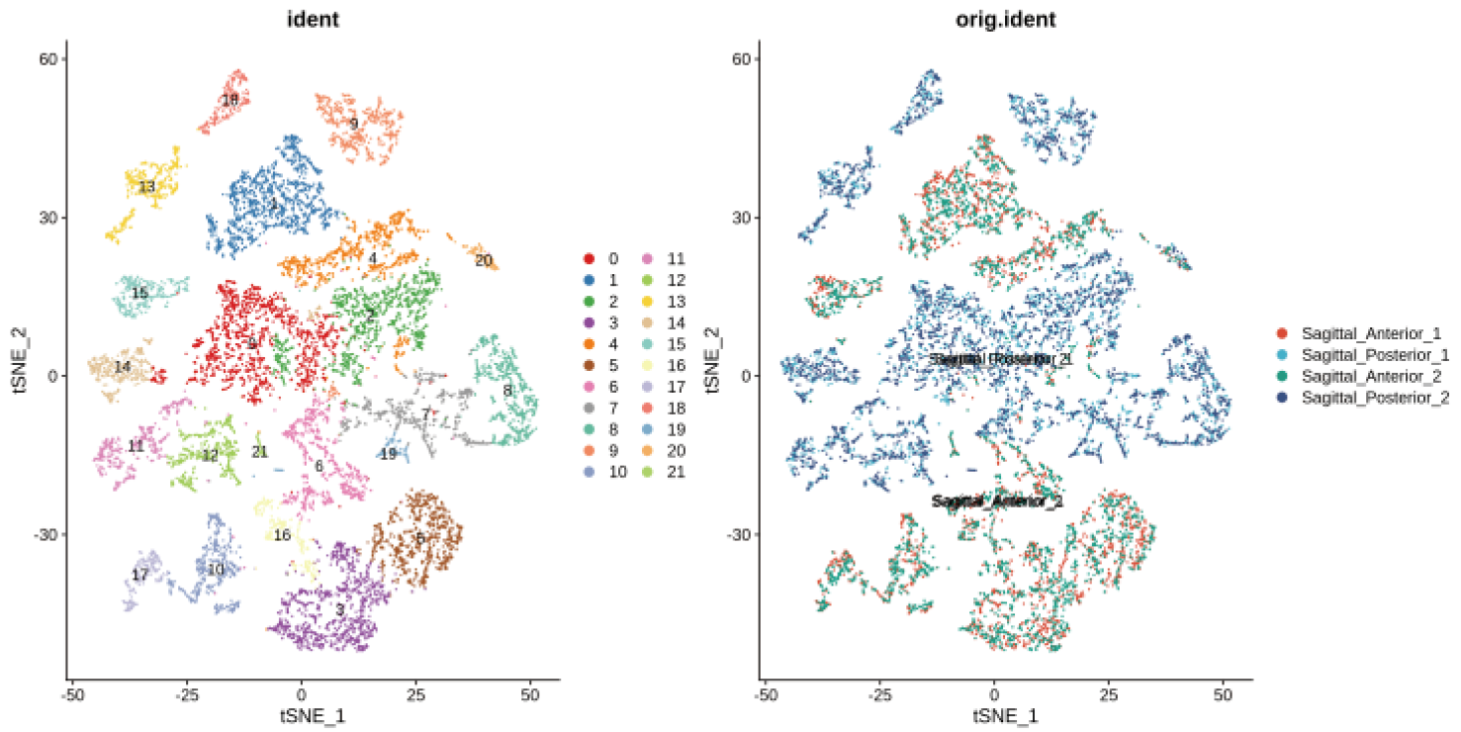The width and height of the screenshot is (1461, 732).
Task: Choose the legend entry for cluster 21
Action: click(x=648, y=472)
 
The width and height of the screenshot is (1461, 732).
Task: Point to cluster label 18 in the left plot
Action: click(x=230, y=100)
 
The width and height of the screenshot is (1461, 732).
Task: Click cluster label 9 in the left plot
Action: click(x=353, y=124)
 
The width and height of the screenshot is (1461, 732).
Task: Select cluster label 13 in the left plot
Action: click(x=147, y=186)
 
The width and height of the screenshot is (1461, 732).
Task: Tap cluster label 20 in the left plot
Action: click(x=484, y=260)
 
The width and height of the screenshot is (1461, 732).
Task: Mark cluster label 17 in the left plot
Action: click(x=140, y=575)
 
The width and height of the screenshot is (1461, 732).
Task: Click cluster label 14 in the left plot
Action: click(x=123, y=367)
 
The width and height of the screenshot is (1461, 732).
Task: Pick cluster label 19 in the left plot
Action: click(x=389, y=454)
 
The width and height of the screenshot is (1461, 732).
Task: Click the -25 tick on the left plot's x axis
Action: click(x=186, y=696)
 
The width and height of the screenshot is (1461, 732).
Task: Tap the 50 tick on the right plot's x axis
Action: click(x=1224, y=696)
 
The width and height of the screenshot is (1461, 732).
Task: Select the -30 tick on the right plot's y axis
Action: click(x=740, y=534)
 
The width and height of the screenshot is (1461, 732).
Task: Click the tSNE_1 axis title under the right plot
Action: click(x=1005, y=715)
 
